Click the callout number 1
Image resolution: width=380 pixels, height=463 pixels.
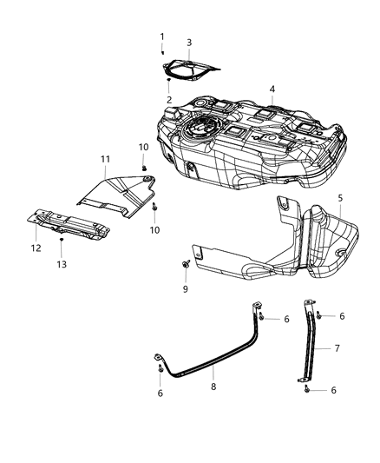coord(161,36)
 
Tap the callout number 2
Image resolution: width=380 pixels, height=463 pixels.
coord(168,100)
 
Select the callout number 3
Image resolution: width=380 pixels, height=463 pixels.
coord(189,42)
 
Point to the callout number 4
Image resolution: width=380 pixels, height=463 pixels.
coord(272,89)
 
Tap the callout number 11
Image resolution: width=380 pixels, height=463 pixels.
coord(105,159)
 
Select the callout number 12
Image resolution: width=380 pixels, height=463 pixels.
coord(36,248)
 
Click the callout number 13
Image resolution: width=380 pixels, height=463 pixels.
coord(62,263)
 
